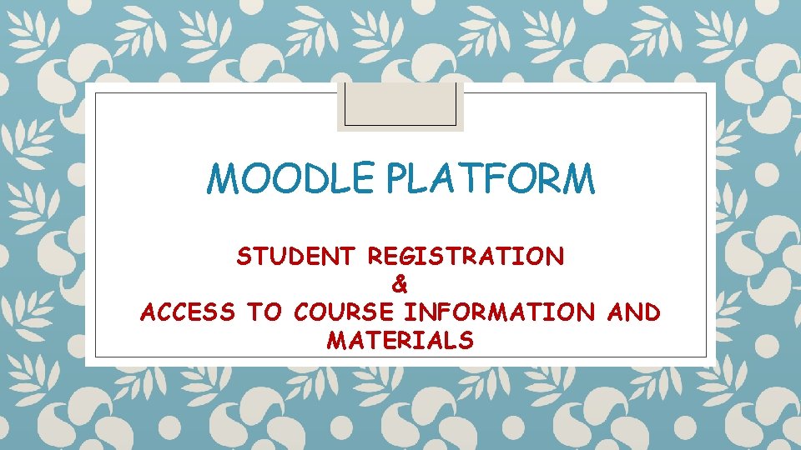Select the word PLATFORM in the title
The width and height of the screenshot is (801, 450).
tap(476, 178)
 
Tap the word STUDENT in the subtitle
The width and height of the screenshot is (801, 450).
tap(295, 257)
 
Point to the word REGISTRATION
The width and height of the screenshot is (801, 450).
tap(466, 257)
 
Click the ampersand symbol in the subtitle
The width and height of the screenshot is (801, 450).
tap(400, 285)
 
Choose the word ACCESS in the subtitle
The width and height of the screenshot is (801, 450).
tap(188, 312)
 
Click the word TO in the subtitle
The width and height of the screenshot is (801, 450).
tap(264, 312)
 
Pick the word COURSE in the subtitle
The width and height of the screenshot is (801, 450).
tap(344, 312)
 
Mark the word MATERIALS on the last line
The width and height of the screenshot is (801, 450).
tap(400, 340)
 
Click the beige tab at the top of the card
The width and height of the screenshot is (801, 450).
tap(400, 107)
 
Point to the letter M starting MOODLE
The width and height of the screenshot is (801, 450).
tap(225, 178)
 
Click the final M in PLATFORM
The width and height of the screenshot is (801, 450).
tap(577, 178)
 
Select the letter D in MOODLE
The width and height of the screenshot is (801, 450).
tap(298, 178)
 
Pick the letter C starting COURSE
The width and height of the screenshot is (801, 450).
tap(301, 312)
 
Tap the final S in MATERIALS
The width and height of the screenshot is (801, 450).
tap(466, 340)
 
